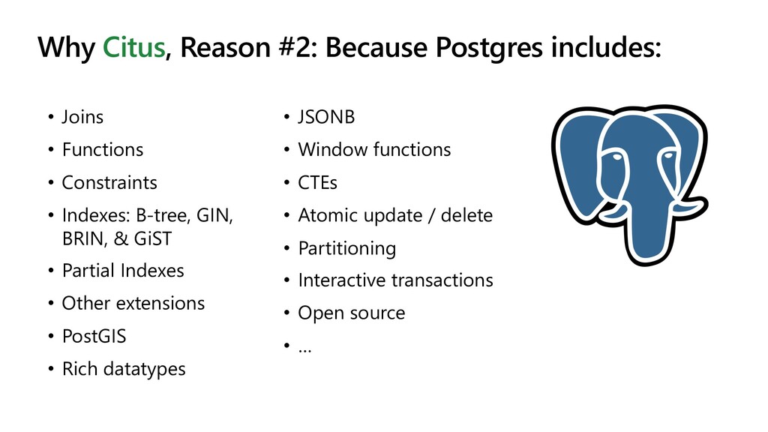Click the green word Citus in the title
click(133, 47)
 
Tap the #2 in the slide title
click(298, 47)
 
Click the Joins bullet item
click(82, 117)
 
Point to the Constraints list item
click(109, 183)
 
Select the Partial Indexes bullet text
click(123, 270)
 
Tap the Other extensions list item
click(133, 303)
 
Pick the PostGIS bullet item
click(94, 337)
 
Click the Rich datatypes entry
click(124, 369)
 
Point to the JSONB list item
click(326, 117)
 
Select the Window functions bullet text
click(374, 150)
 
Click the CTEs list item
click(317, 183)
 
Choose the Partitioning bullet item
click(346, 249)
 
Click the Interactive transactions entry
click(395, 280)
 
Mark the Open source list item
click(351, 313)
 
